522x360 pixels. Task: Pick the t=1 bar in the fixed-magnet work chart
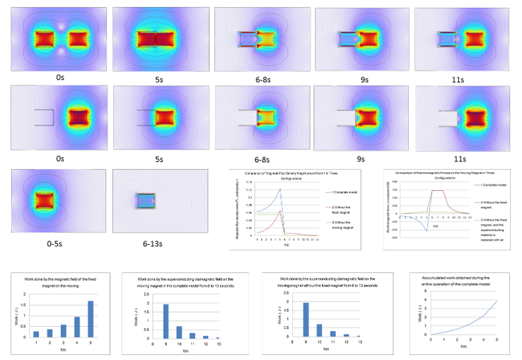tap(37, 333)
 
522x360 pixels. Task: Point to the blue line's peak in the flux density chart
tap(281, 189)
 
